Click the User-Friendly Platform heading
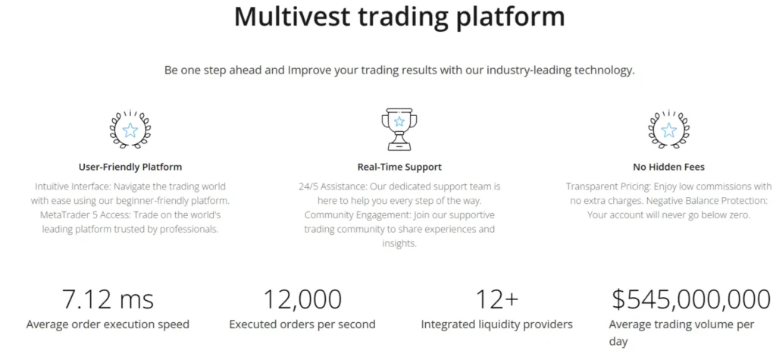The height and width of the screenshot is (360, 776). point(130,167)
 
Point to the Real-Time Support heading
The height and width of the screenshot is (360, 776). point(399,167)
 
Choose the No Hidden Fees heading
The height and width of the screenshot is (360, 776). point(668,167)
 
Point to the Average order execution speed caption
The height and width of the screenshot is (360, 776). point(108,324)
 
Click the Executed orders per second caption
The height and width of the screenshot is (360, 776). point(302,324)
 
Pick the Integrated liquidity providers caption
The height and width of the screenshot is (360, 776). point(496,324)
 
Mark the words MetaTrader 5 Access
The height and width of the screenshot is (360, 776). point(77,214)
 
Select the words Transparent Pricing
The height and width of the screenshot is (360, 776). point(609,186)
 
